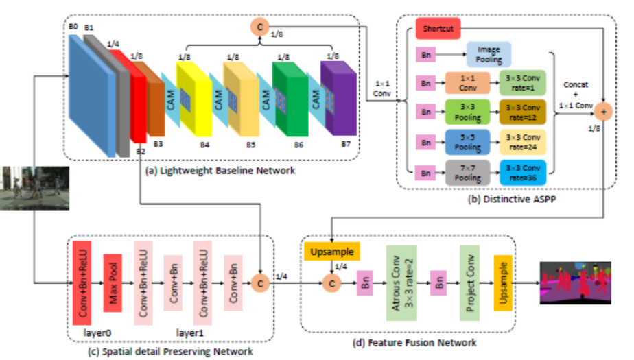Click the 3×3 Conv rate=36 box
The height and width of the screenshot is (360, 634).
click(521, 171)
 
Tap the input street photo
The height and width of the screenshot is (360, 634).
click(34, 188)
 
